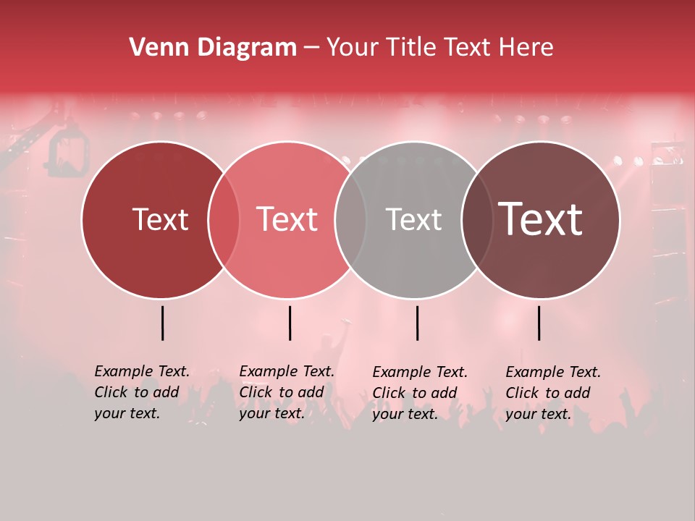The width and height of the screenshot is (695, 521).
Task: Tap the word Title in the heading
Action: (x=410, y=48)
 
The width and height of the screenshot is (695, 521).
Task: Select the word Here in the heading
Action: (x=527, y=48)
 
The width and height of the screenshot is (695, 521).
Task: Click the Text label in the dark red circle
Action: (x=160, y=219)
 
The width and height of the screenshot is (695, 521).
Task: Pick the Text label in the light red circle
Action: (x=287, y=219)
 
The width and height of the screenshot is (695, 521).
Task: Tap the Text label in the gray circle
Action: (x=413, y=219)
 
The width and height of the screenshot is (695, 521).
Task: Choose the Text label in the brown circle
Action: (x=540, y=219)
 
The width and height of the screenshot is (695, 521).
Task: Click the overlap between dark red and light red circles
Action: (x=224, y=220)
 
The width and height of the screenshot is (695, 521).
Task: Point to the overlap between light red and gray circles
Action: (x=350, y=220)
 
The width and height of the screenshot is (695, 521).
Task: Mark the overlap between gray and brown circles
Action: (x=475, y=220)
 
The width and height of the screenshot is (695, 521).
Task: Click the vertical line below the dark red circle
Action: (x=162, y=323)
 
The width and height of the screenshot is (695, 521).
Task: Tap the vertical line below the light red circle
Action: (x=290, y=323)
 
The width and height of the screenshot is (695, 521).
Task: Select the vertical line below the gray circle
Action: (x=417, y=323)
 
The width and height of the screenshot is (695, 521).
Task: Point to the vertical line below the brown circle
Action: (x=539, y=323)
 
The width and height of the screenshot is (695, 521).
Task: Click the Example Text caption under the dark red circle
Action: (x=142, y=392)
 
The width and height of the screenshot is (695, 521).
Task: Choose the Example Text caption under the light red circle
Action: (x=287, y=392)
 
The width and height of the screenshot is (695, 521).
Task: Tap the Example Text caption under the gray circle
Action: (x=420, y=393)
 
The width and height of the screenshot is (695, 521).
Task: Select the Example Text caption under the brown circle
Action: (x=553, y=393)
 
